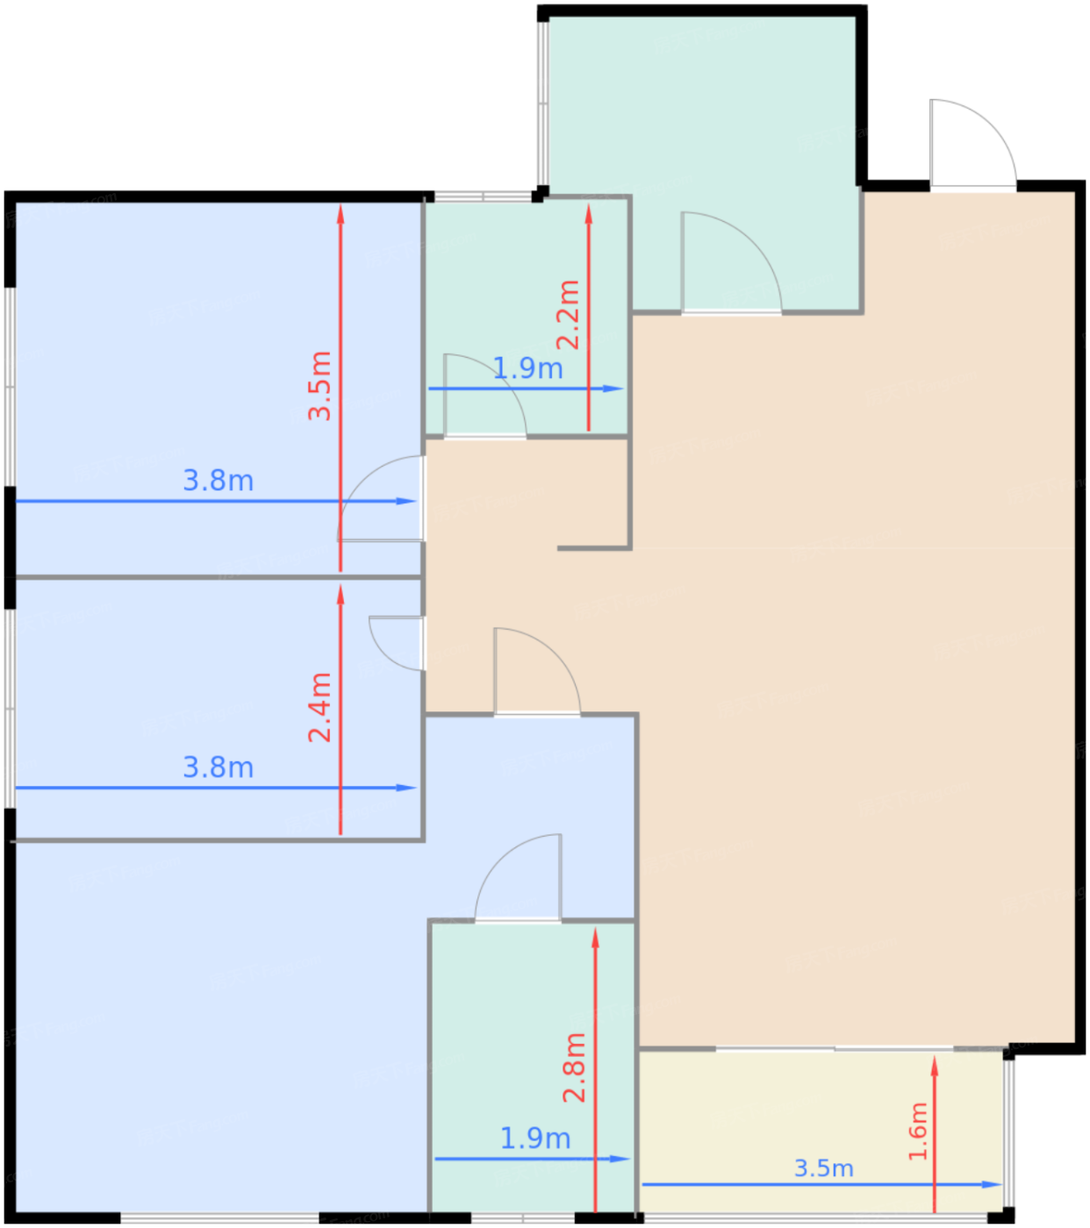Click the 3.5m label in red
tap(319, 385)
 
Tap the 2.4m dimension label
tap(319, 707)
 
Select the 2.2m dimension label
tap(568, 315)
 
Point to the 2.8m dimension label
tap(574, 1067)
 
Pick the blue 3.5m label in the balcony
tap(823, 1168)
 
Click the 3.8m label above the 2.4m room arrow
tap(219, 767)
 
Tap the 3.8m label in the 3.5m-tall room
tap(219, 481)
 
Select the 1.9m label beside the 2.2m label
tap(527, 368)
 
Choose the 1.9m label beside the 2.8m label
tap(535, 1139)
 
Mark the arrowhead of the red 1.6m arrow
tap(934, 1067)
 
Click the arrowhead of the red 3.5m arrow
tap(341, 215)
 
